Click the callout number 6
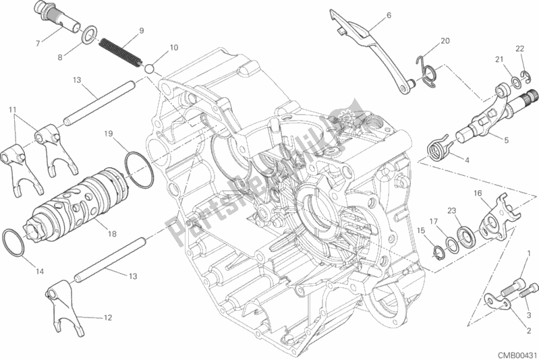[389, 15]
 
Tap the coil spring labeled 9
[120, 52]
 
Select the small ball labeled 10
[149, 68]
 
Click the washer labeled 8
[89, 35]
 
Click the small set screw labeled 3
[529, 291]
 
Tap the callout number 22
[519, 49]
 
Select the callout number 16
[478, 193]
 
